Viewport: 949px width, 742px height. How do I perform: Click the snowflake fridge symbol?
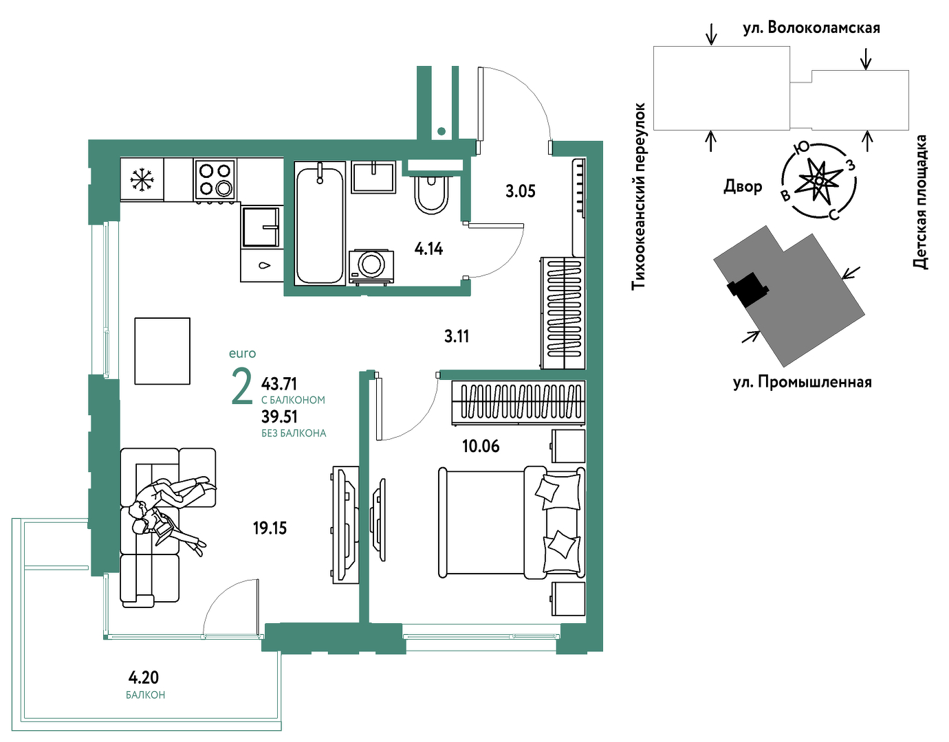tap(142, 179)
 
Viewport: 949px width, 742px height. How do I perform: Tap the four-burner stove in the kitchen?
tap(215, 180)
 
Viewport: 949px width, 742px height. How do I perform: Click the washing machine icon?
tap(371, 267)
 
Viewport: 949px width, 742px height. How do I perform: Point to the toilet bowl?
tap(431, 195)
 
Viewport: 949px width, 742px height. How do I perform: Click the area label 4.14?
tap(428, 249)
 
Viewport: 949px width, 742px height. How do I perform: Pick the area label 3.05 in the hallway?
tap(520, 191)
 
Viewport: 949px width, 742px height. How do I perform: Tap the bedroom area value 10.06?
tap(481, 447)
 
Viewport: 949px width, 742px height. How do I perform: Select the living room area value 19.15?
tap(270, 529)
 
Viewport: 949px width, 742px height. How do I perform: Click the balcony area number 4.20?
tap(144, 677)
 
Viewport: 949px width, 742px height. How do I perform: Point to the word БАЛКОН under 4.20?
tap(145, 695)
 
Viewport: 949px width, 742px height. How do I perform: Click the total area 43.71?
tap(279, 384)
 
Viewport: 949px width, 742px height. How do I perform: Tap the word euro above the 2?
tap(242, 353)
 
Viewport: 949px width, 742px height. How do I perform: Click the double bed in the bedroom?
tap(512, 521)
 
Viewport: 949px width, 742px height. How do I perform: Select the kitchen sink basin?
tap(261, 227)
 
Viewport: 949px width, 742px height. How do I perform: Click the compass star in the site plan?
tap(819, 180)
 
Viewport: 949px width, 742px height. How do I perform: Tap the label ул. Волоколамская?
tap(811, 28)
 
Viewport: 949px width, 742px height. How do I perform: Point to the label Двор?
tap(743, 186)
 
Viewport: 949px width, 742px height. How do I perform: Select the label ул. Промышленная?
tap(803, 383)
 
